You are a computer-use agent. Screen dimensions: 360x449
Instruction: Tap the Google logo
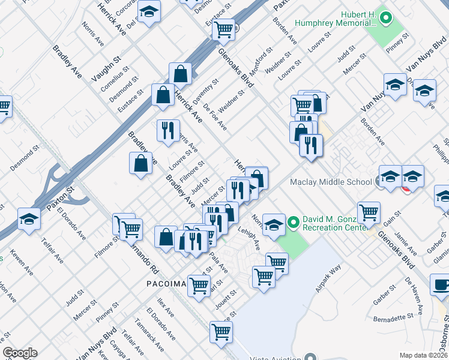(20, 353)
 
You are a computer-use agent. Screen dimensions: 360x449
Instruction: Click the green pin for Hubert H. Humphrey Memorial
(386, 19)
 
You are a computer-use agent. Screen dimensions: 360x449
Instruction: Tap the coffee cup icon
(441, 284)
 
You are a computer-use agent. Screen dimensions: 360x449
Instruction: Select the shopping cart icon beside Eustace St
(223, 28)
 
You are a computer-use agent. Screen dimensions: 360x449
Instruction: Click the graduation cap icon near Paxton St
(28, 218)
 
